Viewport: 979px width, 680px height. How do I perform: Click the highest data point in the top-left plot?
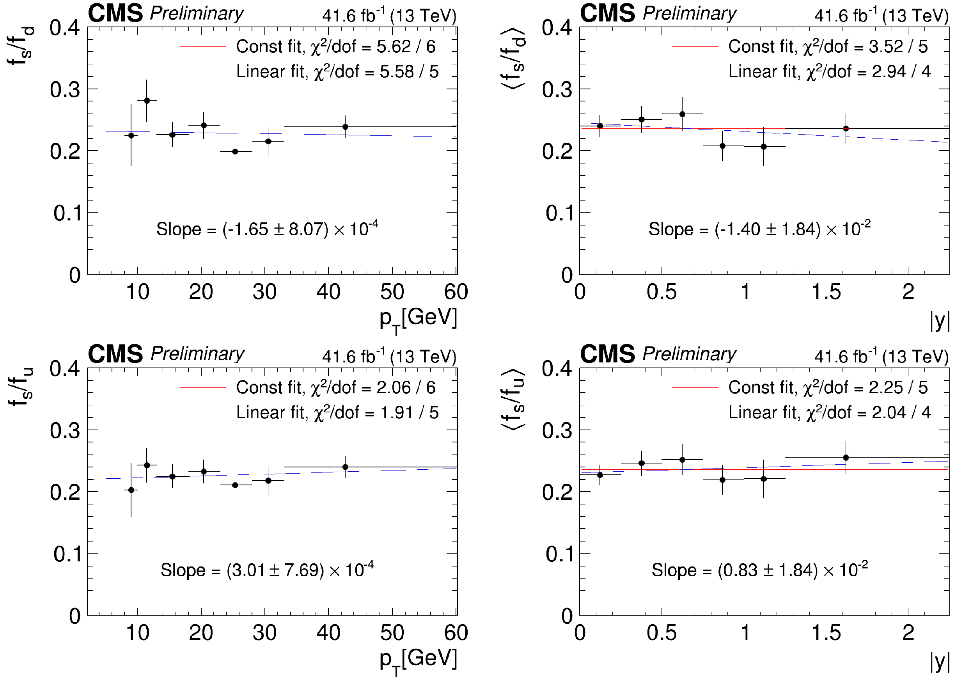pyautogui.click(x=147, y=101)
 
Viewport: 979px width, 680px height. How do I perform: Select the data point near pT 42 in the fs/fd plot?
pyautogui.click(x=345, y=126)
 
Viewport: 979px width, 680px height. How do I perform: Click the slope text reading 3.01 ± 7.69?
pyautogui.click(x=267, y=570)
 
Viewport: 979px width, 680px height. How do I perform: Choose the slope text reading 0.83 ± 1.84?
pyautogui.click(x=759, y=570)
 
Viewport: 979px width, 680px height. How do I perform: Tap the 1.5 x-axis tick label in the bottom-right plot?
pyautogui.click(x=826, y=633)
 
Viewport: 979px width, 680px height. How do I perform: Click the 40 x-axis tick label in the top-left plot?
pyautogui.click(x=328, y=292)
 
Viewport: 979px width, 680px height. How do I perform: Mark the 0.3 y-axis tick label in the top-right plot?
pyautogui.click(x=557, y=90)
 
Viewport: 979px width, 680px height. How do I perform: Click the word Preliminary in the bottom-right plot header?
pyautogui.click(x=689, y=353)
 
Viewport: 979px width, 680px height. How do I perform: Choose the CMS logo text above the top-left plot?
pyautogui.click(x=115, y=13)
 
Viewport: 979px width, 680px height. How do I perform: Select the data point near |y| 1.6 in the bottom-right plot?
pyautogui.click(x=846, y=458)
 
